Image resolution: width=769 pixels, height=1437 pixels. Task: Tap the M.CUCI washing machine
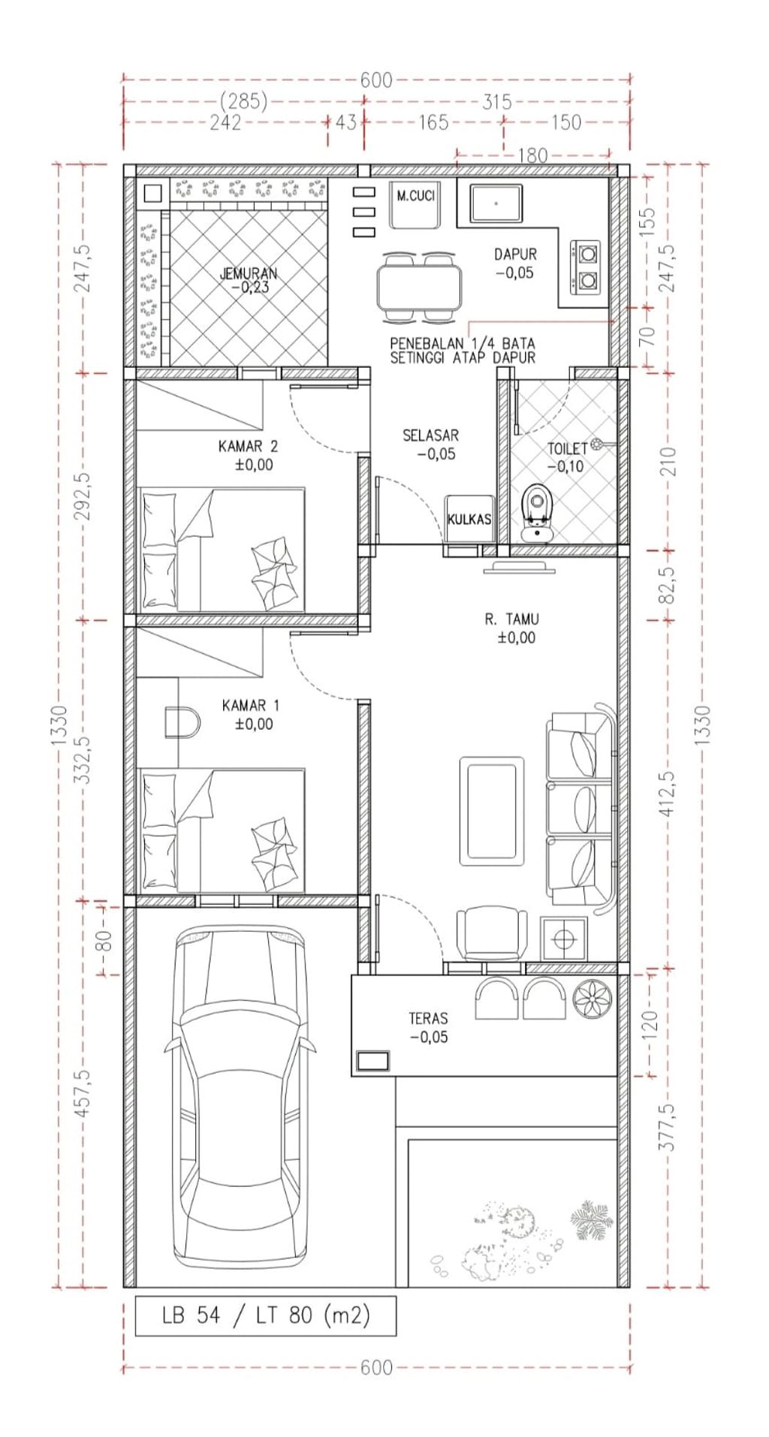tap(416, 204)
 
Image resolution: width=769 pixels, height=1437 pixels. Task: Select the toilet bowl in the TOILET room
tap(536, 512)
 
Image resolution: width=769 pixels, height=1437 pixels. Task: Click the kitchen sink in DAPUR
tap(496, 203)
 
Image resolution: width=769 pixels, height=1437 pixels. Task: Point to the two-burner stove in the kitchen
tap(587, 267)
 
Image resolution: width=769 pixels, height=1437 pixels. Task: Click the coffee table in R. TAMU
tap(492, 810)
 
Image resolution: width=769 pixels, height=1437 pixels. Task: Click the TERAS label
tap(428, 1019)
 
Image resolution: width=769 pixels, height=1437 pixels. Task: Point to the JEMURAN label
tap(249, 274)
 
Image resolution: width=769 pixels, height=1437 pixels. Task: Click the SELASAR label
tap(430, 435)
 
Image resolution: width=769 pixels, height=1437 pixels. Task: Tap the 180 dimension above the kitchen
tap(532, 156)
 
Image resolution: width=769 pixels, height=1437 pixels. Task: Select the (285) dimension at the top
tap(244, 101)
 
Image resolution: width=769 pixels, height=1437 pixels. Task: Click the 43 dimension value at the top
tap(346, 122)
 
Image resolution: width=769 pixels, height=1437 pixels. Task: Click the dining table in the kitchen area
tap(418, 288)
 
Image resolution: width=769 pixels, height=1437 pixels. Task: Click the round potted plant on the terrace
tap(592, 999)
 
